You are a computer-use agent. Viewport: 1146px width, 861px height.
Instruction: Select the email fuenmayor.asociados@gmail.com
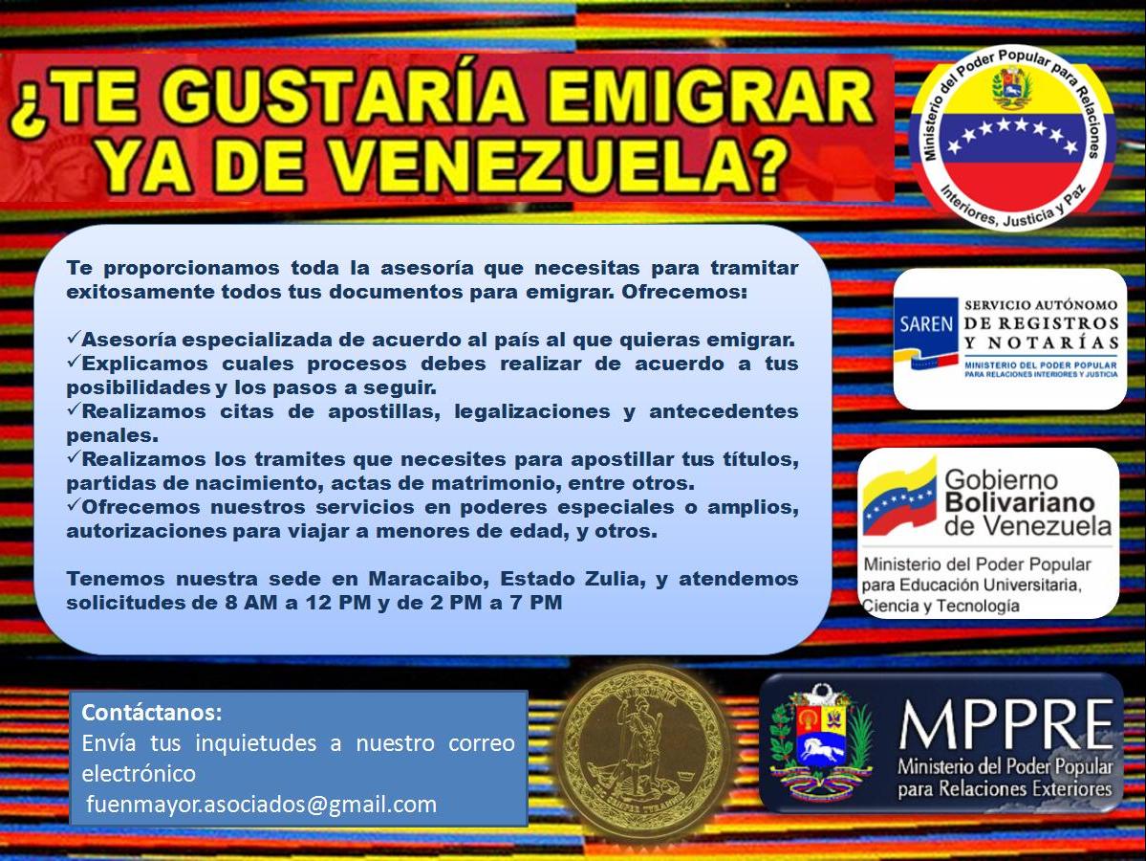[261, 804]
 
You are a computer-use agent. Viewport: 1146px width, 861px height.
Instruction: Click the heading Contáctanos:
[151, 712]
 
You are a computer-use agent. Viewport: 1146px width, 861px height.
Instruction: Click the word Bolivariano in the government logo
[1020, 502]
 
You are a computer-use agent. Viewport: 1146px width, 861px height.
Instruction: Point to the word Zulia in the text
[614, 579]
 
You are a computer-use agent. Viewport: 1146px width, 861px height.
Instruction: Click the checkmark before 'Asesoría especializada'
[73, 338]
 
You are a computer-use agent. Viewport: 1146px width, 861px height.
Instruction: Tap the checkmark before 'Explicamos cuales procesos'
[73, 362]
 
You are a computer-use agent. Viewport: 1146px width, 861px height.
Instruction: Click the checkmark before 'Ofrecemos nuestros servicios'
[73, 505]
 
